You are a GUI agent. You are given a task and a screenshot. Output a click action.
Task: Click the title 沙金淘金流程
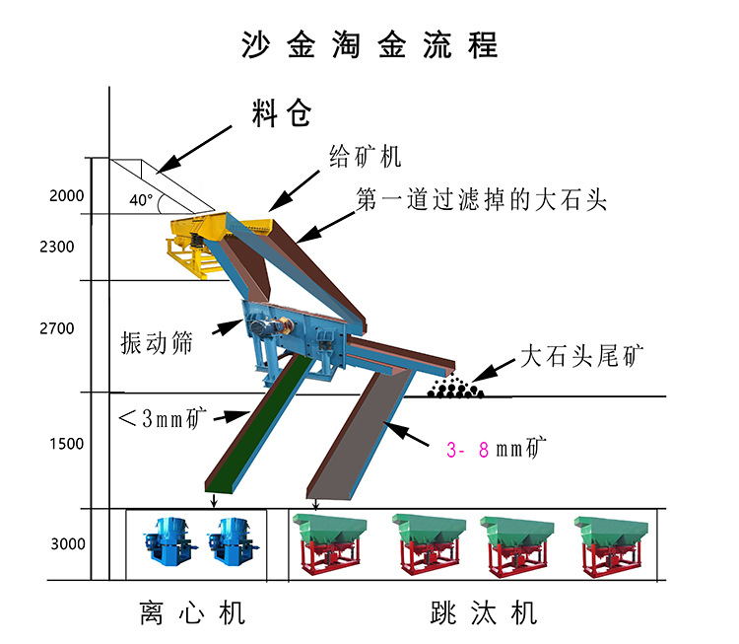pyautogui.click(x=369, y=44)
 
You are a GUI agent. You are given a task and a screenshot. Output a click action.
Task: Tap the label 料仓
pyautogui.click(x=281, y=114)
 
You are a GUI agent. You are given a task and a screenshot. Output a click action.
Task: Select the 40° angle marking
pyautogui.click(x=141, y=199)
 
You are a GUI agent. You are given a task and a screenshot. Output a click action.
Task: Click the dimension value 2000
pyautogui.click(x=67, y=195)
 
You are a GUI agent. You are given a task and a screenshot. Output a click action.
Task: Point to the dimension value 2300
pyautogui.click(x=57, y=247)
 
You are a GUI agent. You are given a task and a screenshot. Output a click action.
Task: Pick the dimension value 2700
pyautogui.click(x=57, y=327)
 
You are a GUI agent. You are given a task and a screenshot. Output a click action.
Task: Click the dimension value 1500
pyautogui.click(x=67, y=444)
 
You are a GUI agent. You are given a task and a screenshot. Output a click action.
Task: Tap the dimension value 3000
pyautogui.click(x=67, y=543)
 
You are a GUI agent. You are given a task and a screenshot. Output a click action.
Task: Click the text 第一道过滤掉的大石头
pyautogui.click(x=480, y=201)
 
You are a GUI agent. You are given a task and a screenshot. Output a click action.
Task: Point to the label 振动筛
pyautogui.click(x=156, y=342)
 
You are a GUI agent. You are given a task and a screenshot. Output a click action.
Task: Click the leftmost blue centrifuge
pyautogui.click(x=165, y=542)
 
